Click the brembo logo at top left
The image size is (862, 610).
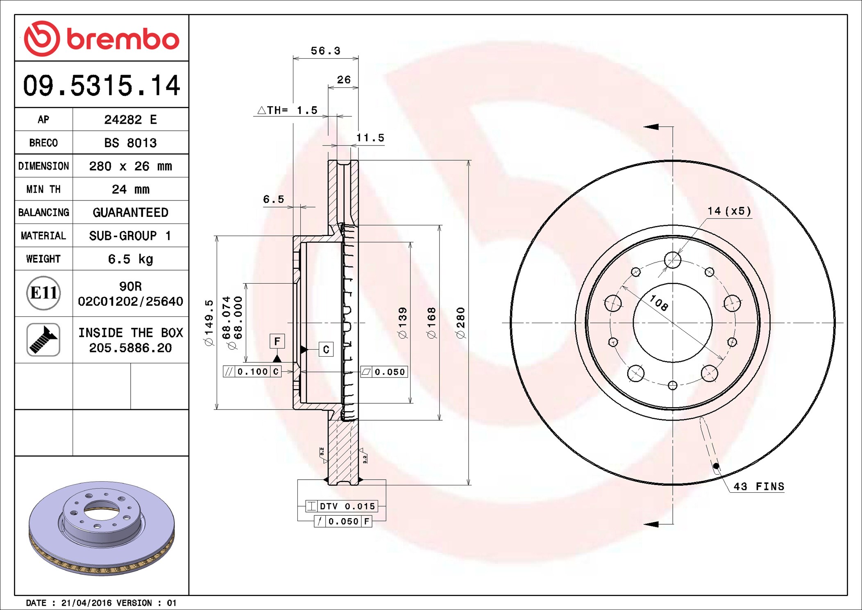[x=102, y=39]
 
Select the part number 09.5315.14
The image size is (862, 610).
[x=102, y=85]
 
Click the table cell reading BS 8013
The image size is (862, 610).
[x=130, y=143]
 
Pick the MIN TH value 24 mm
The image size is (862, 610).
[x=130, y=189]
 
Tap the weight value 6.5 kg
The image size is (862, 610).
[x=130, y=259]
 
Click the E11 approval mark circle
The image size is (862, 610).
[x=43, y=293]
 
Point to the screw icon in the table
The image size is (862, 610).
[x=43, y=339]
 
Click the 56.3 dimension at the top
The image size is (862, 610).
[x=325, y=51]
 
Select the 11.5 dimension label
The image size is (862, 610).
[x=370, y=138]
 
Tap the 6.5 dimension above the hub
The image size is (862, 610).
[x=273, y=199]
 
